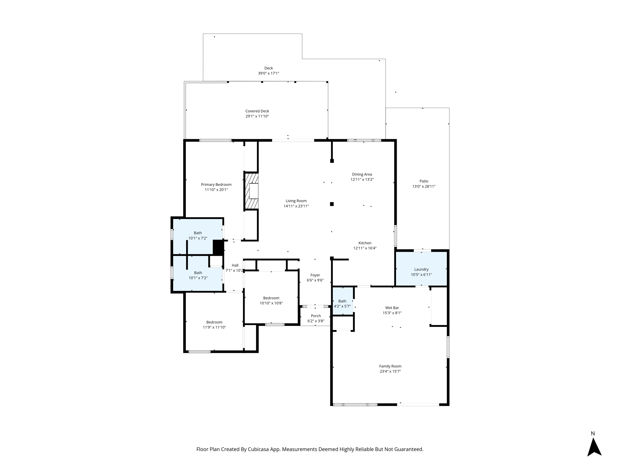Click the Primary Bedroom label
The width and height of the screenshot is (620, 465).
coord(216,185)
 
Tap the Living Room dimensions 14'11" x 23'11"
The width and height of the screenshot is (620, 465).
coord(296,206)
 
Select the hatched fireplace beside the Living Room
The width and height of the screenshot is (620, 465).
coord(252,191)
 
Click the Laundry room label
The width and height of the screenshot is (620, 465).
coord(421,269)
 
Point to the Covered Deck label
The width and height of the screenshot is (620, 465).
coord(257,111)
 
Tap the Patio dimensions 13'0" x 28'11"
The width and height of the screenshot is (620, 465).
coord(424,186)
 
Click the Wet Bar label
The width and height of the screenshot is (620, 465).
coord(392,308)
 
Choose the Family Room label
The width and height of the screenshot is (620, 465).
coord(390,366)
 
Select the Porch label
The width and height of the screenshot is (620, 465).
coord(316,316)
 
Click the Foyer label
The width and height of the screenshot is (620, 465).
coord(315,275)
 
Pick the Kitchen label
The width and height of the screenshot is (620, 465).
coord(365,243)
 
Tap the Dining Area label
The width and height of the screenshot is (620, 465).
coord(362,174)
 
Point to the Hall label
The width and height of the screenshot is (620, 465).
coord(235,265)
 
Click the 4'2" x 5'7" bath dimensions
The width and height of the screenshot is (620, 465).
coord(342,306)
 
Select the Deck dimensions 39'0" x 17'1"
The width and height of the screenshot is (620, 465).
coord(269,73)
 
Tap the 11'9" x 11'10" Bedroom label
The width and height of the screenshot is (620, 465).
coord(214,322)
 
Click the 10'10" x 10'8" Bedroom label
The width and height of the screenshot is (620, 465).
coord(271,298)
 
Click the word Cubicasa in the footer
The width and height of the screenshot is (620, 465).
coord(259,450)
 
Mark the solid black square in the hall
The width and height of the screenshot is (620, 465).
coord(218,247)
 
